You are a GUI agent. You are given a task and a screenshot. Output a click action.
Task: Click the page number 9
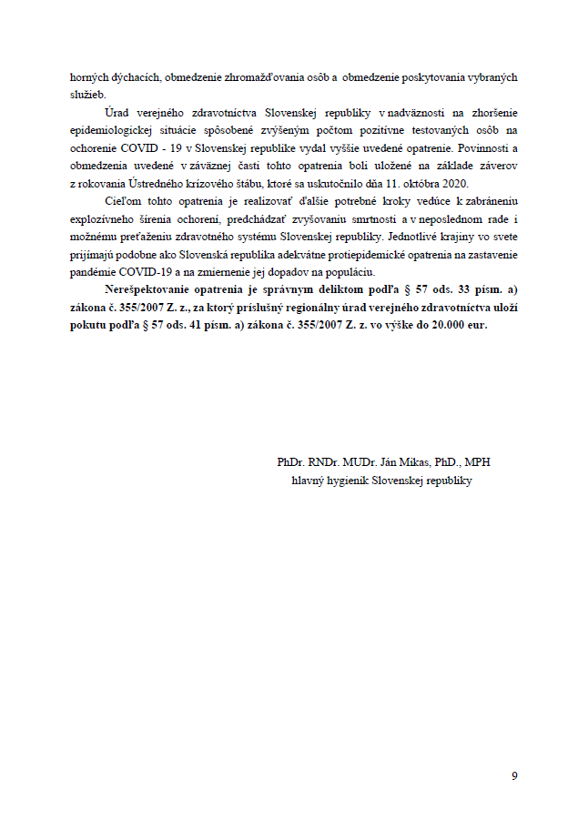coord(514,775)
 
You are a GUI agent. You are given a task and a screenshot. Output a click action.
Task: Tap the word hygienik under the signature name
coord(350,480)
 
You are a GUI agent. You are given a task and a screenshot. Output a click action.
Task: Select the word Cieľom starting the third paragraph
coord(124,200)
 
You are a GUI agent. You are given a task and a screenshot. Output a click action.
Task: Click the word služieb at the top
coord(85,95)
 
